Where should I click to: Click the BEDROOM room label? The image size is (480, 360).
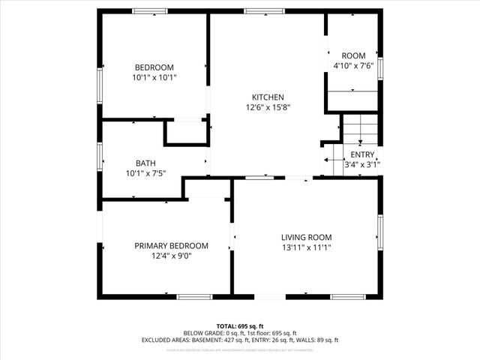pyautogui.click(x=154, y=67)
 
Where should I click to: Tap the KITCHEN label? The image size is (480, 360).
pyautogui.click(x=267, y=97)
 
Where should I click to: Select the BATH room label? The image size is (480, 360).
pyautogui.click(x=145, y=163)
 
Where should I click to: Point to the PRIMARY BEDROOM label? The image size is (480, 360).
pyautogui.click(x=171, y=245)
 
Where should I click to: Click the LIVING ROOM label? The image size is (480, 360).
pyautogui.click(x=306, y=236)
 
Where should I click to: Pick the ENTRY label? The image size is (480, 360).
pyautogui.click(x=362, y=154)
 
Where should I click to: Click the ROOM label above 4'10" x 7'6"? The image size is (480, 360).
pyautogui.click(x=353, y=55)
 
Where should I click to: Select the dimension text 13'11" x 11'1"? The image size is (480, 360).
pyautogui.click(x=306, y=247)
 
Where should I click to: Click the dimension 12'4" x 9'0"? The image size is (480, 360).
pyautogui.click(x=171, y=256)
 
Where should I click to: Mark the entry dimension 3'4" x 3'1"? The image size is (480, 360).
pyautogui.click(x=362, y=164)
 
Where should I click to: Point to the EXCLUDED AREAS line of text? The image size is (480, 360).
pyautogui.click(x=240, y=340)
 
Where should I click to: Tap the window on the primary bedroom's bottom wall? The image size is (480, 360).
pyautogui.click(x=195, y=297)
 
